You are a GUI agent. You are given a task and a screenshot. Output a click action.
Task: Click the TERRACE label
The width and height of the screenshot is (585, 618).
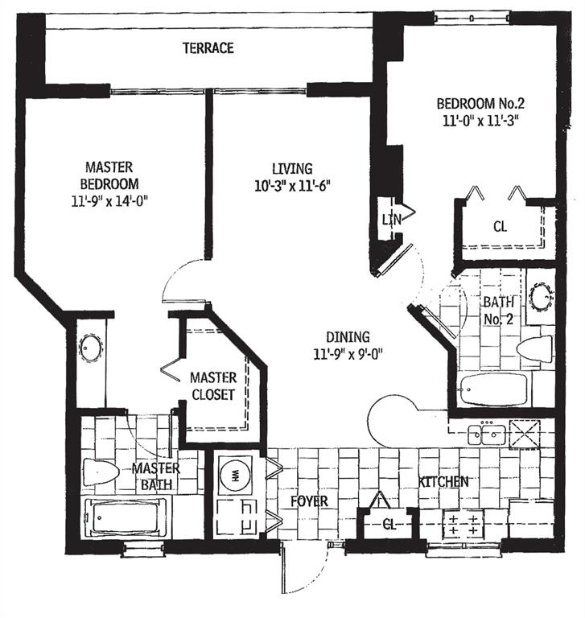click(208, 48)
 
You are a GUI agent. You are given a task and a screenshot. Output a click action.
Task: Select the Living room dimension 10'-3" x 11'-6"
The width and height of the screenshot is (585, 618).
click(291, 184)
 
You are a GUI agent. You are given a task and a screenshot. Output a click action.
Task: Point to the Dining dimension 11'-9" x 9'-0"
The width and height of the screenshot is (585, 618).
click(348, 352)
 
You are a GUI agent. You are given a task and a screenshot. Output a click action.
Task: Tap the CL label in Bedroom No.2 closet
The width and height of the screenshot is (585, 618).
click(501, 227)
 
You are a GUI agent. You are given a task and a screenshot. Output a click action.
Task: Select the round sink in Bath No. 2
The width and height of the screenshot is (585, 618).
click(540, 295)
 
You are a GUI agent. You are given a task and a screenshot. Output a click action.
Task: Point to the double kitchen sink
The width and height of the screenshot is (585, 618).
click(488, 435)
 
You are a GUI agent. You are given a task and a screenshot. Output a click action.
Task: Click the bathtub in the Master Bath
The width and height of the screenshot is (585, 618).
click(126, 515)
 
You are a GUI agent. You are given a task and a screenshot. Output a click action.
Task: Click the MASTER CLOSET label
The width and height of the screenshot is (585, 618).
click(213, 386)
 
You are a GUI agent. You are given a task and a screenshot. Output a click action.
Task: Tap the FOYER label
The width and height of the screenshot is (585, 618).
click(309, 501)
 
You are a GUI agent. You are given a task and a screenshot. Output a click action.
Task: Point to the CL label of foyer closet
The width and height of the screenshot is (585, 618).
click(388, 524)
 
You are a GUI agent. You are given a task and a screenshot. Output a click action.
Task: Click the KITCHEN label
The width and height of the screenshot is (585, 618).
click(443, 482)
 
